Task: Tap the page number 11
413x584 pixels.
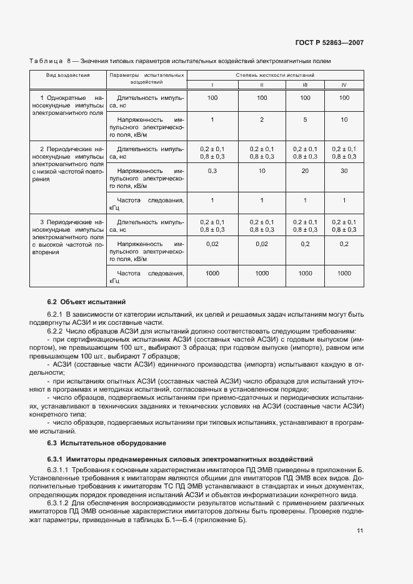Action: click(360, 531)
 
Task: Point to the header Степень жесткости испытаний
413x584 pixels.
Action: click(275, 75)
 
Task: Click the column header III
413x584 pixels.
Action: click(305, 84)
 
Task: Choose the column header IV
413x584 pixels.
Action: click(344, 84)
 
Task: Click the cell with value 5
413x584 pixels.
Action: click(305, 119)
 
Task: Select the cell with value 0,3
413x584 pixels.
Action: click(212, 171)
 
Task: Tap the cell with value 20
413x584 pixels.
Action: click(305, 171)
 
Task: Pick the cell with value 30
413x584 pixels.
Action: click(344, 171)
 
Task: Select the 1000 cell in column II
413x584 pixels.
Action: click(262, 273)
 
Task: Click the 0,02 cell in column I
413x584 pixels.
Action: click(212, 244)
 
